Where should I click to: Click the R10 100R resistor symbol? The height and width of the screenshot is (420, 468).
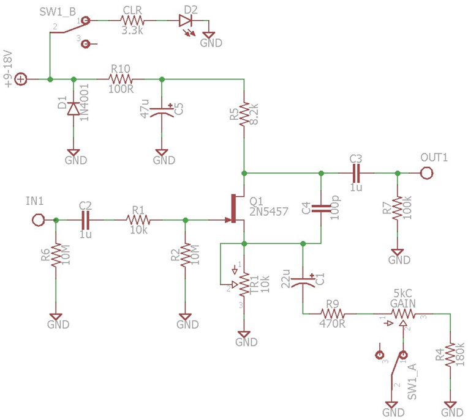[119, 79]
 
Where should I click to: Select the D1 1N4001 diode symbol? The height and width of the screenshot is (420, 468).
[74, 108]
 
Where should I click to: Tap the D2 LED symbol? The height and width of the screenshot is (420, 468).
[187, 20]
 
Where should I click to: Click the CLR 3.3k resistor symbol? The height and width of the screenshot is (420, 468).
[133, 20]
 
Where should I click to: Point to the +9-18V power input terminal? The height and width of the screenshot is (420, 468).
[20, 79]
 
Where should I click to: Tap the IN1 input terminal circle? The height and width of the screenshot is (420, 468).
[38, 219]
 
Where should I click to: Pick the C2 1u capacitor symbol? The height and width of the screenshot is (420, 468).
[85, 219]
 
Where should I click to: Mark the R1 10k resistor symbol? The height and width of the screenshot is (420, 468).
[138, 219]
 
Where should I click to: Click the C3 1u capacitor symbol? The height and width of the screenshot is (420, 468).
[356, 173]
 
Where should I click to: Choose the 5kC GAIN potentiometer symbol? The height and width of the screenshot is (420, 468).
[403, 314]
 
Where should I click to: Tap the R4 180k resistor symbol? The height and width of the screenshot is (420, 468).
[451, 355]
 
